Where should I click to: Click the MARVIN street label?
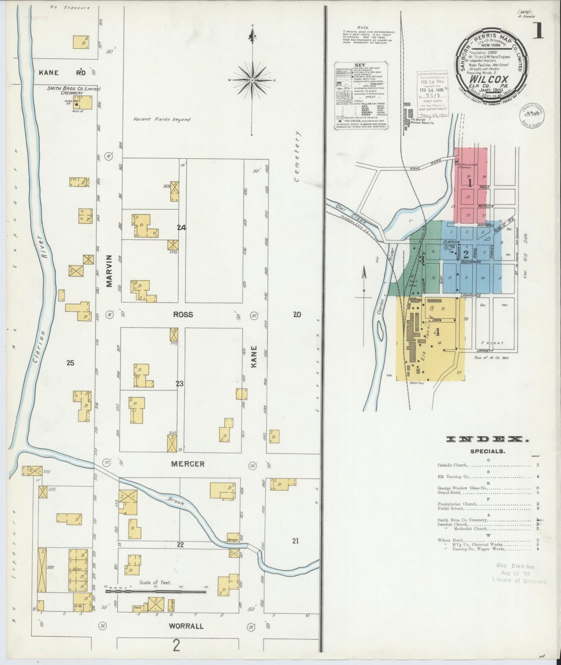[109, 271]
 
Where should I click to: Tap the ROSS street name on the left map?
[183, 315]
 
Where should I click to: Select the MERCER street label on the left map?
[188, 464]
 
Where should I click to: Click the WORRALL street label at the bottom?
[186, 626]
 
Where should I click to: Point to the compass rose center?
[252, 80]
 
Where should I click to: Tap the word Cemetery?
[297, 156]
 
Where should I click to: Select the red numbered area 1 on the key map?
[470, 182]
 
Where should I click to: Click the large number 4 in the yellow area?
[437, 332]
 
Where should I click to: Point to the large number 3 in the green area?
[422, 260]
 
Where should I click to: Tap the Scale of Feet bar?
[156, 592]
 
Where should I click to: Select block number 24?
[181, 228]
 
